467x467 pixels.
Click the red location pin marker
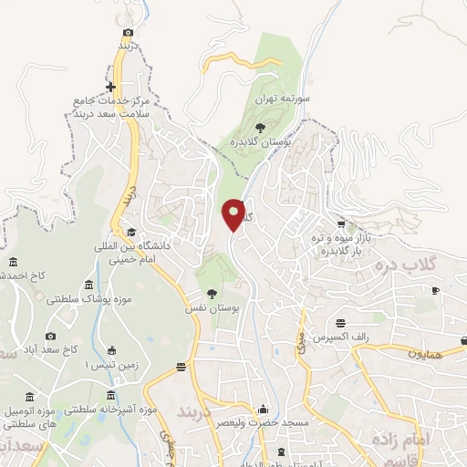[x=234, y=214]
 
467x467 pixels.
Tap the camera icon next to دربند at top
[x=128, y=32]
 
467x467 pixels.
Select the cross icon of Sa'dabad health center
[x=110, y=88]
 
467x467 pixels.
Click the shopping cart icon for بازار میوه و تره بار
[x=341, y=224]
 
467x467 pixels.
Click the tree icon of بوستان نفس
[x=212, y=294]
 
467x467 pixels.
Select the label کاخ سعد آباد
[x=56, y=349]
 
